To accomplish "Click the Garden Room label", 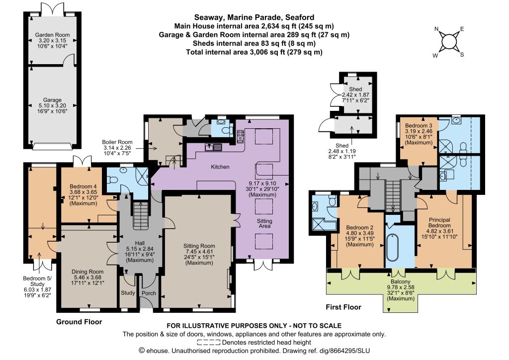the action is pos(52,35).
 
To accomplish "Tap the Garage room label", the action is pos(52,100).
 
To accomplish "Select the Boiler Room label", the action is pos(117,142).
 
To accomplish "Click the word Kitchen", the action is pos(220,167).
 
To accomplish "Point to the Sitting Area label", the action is pos(264,223).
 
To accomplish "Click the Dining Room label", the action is pos(87,271).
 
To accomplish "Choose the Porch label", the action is pos(149,293).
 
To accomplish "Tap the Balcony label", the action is pos(401,281).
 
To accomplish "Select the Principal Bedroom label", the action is pos(439,223).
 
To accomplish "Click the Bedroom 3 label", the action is pos(419,126).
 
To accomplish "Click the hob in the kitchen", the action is pos(241,136).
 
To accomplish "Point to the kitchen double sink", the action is pos(213,147).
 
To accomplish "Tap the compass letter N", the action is pos(436,29).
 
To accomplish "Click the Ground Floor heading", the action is pos(79,322).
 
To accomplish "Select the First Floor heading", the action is pos(343,307).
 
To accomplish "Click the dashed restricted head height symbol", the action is pos(209,342).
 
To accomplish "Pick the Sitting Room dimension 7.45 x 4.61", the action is pos(199,252).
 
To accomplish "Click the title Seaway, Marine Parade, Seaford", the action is pos(254,17).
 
